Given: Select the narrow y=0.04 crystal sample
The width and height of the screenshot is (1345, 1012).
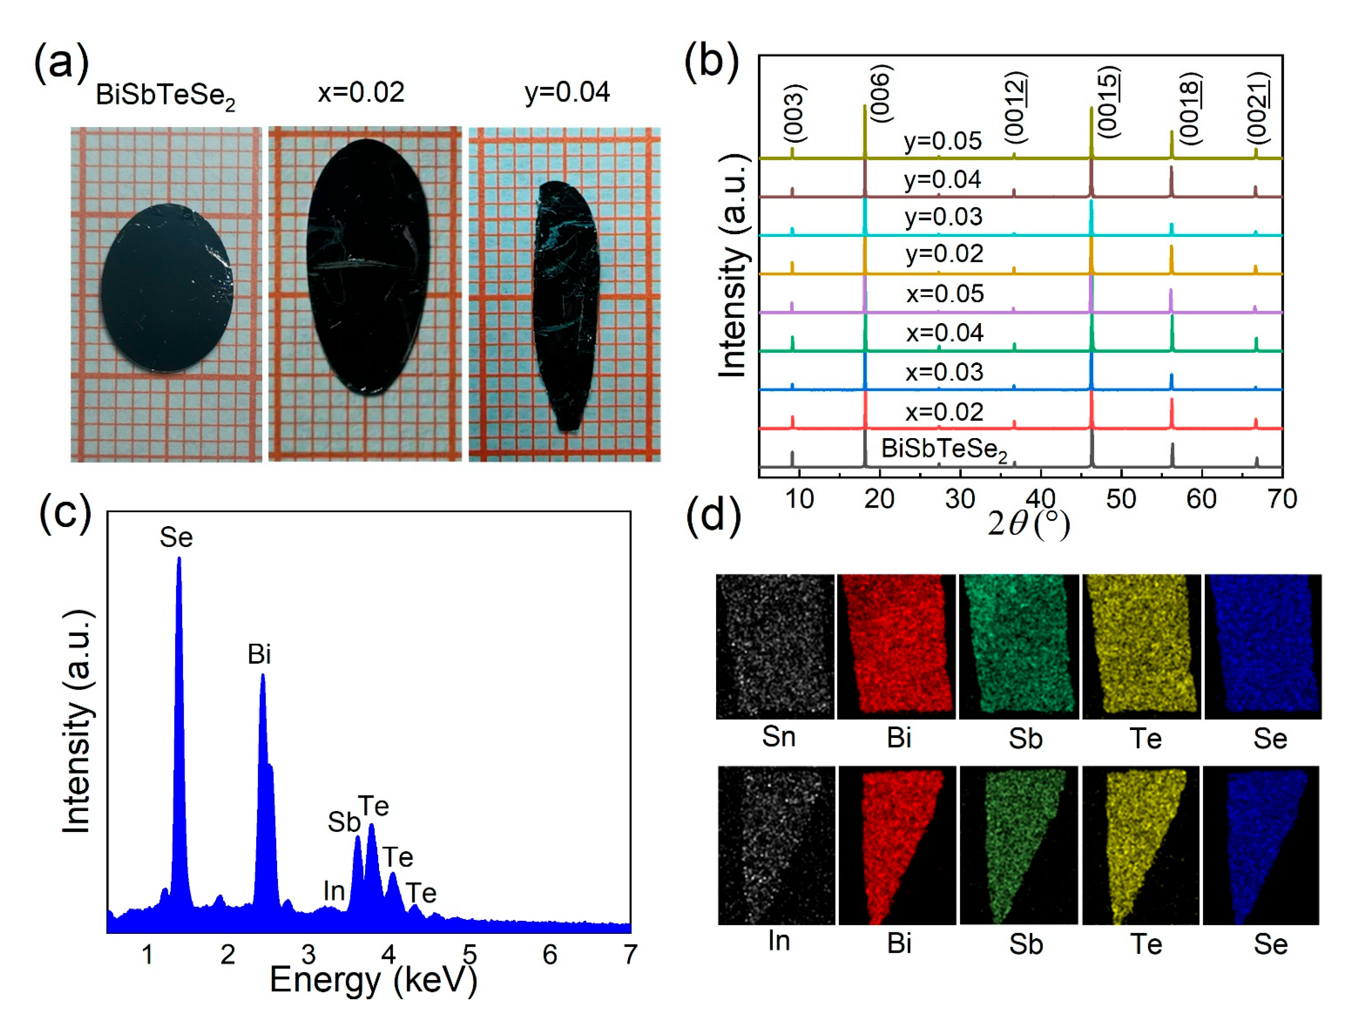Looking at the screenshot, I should (x=566, y=304).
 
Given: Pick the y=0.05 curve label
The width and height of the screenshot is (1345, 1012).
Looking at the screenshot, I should (x=943, y=141).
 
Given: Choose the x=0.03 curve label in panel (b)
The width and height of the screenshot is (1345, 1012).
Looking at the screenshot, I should (x=944, y=372).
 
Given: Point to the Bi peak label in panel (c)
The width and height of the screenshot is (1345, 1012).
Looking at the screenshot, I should (x=259, y=655).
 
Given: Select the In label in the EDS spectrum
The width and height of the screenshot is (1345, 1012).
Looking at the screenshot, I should (x=334, y=892).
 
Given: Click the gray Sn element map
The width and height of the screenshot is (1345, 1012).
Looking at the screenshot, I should (x=775, y=647).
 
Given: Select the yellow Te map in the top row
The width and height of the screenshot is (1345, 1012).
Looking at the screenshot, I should (x=1141, y=647).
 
